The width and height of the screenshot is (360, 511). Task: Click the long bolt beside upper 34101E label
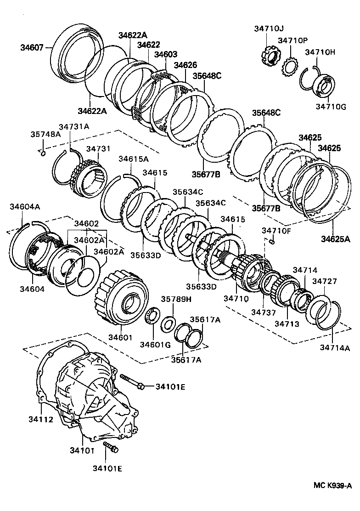coord(131,381)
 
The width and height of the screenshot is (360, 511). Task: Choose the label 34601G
coord(155,344)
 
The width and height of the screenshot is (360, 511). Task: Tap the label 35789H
coord(176,299)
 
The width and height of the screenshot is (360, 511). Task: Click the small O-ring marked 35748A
coord(42,153)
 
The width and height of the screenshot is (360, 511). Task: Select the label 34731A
coord(73,126)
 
